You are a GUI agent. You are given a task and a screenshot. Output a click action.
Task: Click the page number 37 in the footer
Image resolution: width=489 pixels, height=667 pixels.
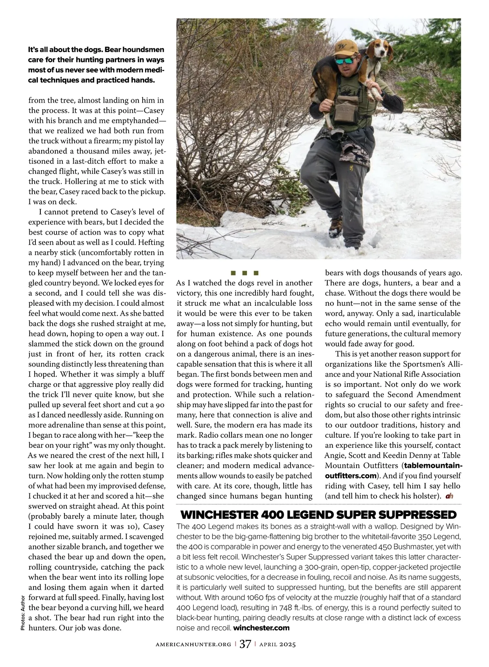(x=245, y=644)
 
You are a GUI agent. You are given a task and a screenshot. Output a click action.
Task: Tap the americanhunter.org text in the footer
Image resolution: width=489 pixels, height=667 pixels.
(x=194, y=644)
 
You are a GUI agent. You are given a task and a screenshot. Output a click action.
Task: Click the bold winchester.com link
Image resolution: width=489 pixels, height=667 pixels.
(x=261, y=628)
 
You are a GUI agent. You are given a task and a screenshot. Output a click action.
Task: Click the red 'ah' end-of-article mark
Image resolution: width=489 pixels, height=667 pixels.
(x=449, y=496)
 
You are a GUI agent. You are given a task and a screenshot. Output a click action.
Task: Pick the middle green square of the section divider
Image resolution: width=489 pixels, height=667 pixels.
(x=244, y=272)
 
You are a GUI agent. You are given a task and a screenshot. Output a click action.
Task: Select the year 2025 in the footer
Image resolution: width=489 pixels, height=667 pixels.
(x=287, y=644)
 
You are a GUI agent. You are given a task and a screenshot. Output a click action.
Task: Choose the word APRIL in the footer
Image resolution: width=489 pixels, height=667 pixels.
(x=269, y=644)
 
